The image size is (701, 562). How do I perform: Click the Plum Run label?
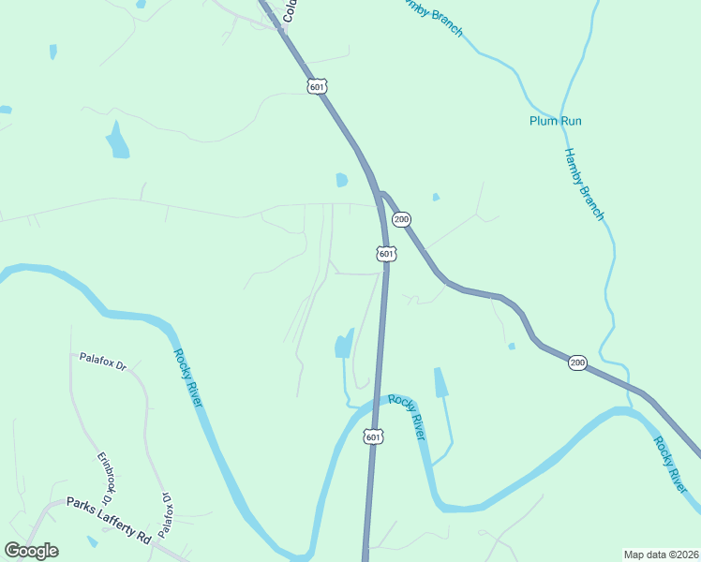(x=556, y=121)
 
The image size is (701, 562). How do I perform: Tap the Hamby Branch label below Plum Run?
(x=584, y=184)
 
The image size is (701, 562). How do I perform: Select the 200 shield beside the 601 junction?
(x=401, y=219)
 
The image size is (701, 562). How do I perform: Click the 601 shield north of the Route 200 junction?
(x=317, y=87)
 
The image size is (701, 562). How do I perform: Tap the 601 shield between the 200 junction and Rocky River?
(x=386, y=254)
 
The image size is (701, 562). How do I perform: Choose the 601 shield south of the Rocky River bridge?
(x=373, y=437)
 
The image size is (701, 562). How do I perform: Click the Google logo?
(x=31, y=551)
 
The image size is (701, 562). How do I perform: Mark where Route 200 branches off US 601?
(x=380, y=193)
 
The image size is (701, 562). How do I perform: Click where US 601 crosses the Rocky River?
(x=377, y=400)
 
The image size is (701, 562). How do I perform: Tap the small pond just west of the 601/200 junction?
(x=342, y=180)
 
